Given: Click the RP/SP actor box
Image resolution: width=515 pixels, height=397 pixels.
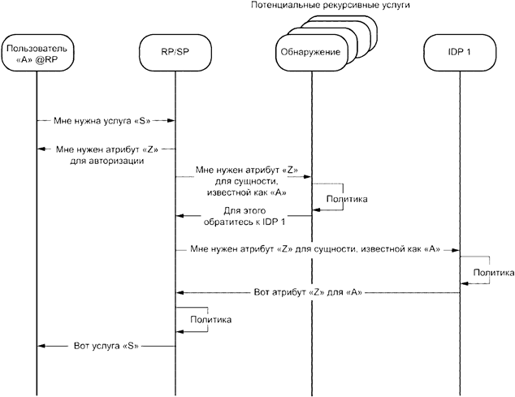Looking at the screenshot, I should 175,53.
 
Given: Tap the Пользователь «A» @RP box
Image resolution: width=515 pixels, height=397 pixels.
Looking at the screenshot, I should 37,53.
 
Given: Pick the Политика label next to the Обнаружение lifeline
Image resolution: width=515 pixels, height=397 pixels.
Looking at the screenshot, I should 346,197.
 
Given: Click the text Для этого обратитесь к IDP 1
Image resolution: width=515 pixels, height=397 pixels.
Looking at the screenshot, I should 245,217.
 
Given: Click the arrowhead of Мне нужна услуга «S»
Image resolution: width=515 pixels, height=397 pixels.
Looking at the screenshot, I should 172,120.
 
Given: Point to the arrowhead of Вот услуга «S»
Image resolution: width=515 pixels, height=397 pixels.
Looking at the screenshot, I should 41,346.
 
